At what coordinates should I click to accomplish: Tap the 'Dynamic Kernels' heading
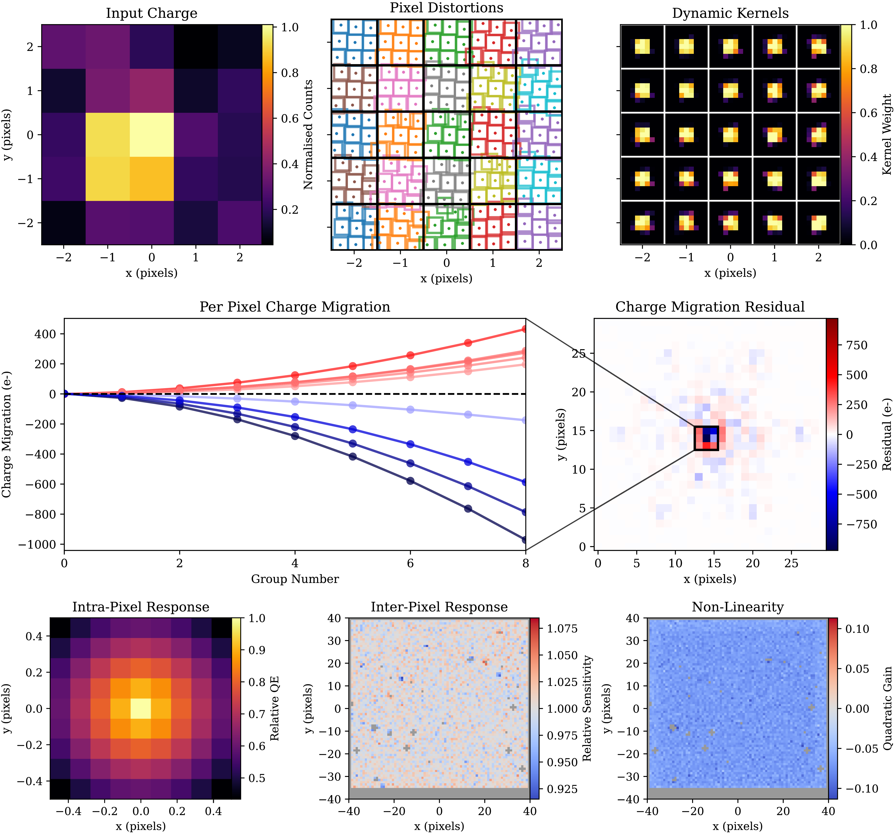730,13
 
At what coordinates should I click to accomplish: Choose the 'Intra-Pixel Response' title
141,607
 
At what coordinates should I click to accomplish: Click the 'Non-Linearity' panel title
738,607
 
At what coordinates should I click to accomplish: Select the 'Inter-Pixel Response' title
439,607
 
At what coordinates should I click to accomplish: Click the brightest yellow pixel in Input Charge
152,135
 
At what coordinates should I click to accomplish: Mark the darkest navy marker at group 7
468,509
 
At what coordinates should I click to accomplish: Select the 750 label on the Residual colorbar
857,346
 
